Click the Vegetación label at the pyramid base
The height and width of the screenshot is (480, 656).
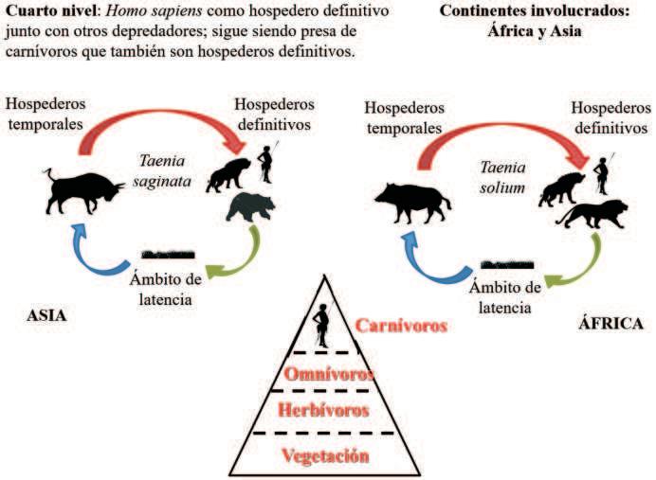coord(324,455)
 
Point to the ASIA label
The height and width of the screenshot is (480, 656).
coord(46,315)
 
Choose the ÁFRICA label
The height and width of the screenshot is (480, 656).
coord(611,323)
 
